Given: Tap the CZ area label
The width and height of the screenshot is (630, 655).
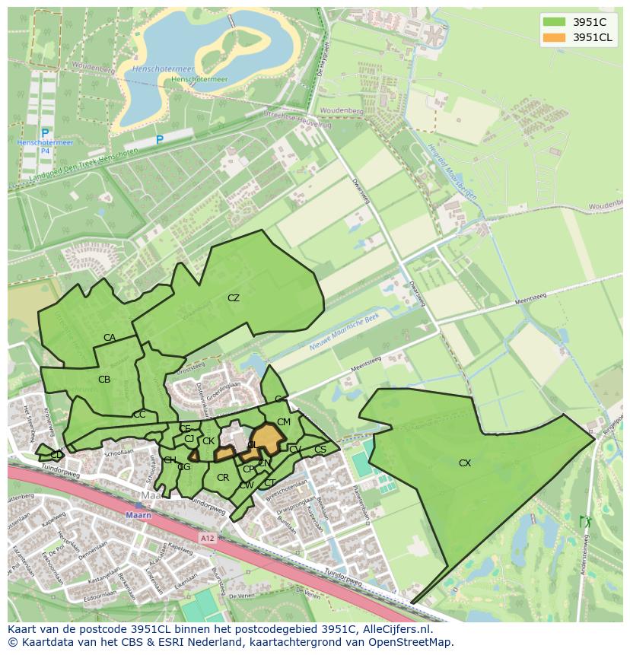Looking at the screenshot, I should click(x=234, y=298).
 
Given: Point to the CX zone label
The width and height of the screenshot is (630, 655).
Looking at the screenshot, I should click(x=465, y=463).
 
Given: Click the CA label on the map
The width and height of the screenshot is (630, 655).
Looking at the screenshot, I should click(x=110, y=338).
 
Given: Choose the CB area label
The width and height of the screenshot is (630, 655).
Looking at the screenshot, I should click(x=104, y=379).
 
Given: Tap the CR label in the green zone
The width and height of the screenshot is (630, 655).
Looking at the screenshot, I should click(x=223, y=478).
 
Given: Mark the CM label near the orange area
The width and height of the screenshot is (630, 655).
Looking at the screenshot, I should click(x=284, y=421).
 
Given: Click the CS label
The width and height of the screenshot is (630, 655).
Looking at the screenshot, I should click(x=320, y=450).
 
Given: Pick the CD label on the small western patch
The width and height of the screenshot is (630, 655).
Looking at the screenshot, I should click(x=56, y=455).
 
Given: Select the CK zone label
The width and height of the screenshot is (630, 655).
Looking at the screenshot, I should click(x=208, y=440).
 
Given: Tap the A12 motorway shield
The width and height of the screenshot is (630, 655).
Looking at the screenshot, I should click(x=207, y=538).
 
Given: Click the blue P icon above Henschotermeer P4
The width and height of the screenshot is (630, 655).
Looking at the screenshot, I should click(x=45, y=134).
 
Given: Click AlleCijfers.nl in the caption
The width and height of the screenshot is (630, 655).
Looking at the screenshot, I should click(x=396, y=629).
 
